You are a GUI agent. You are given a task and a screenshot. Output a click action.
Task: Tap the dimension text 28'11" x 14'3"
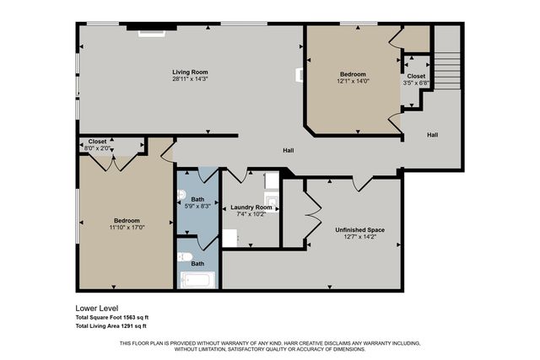click(x=190, y=80)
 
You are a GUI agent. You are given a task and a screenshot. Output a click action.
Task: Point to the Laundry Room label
click(x=251, y=207)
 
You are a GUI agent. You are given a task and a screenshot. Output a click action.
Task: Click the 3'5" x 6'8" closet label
click(x=416, y=83)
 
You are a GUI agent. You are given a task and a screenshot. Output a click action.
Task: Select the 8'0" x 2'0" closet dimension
click(x=99, y=148)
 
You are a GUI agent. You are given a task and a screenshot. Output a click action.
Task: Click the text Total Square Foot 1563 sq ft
click(x=111, y=317)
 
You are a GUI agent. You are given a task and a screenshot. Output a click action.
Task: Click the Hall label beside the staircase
click(x=432, y=135)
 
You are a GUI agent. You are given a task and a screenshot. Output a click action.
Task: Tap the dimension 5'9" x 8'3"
click(x=197, y=206)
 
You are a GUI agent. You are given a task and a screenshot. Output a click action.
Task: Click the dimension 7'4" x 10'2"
click(x=251, y=214)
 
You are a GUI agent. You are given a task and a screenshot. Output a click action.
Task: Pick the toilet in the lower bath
click(x=185, y=257)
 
